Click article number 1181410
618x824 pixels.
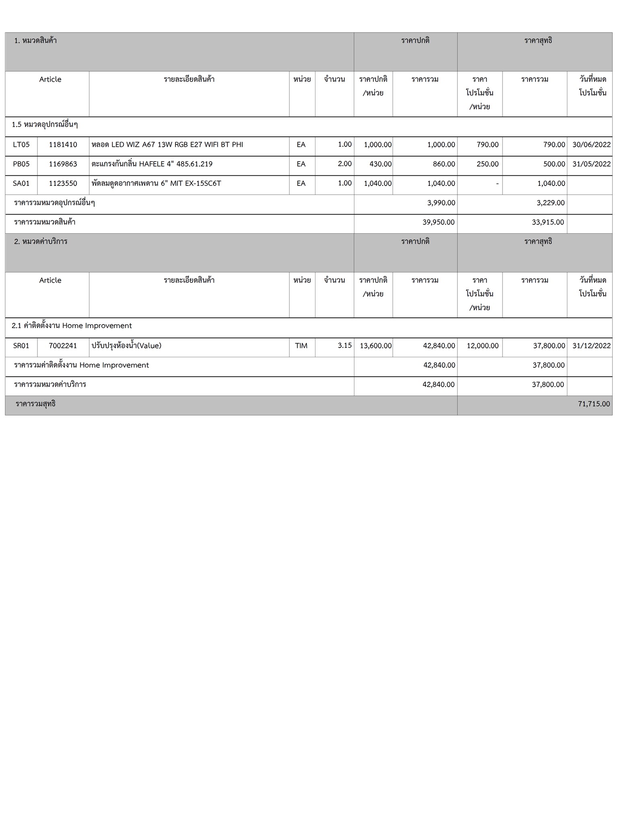pyautogui.click(x=63, y=145)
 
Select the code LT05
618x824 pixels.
pyautogui.click(x=21, y=145)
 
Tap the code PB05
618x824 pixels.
pyautogui.click(x=21, y=164)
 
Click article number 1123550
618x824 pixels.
pyautogui.click(x=63, y=183)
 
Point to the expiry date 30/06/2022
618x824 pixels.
pyautogui.click(x=591, y=145)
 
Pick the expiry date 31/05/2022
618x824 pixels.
pyautogui.click(x=591, y=164)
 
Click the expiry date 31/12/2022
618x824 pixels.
pyautogui.click(x=591, y=346)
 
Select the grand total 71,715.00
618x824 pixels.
pyautogui.click(x=593, y=404)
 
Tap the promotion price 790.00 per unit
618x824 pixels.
pyautogui.click(x=488, y=145)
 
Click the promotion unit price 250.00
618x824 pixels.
pyautogui.click(x=488, y=164)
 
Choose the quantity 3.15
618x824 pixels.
pyautogui.click(x=345, y=345)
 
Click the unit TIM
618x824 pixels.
pyautogui.click(x=301, y=346)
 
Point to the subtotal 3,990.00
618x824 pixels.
pyautogui.click(x=441, y=203)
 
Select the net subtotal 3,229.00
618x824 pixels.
pyautogui.click(x=550, y=203)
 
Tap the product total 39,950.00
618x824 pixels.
pyautogui.click(x=439, y=222)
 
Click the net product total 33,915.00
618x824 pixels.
pyautogui.click(x=548, y=222)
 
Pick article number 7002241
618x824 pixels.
pyautogui.click(x=63, y=346)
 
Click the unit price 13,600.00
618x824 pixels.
pyautogui.click(x=375, y=346)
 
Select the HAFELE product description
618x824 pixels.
pyautogui.click(x=152, y=164)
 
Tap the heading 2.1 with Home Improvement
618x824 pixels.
pyautogui.click(x=72, y=326)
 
